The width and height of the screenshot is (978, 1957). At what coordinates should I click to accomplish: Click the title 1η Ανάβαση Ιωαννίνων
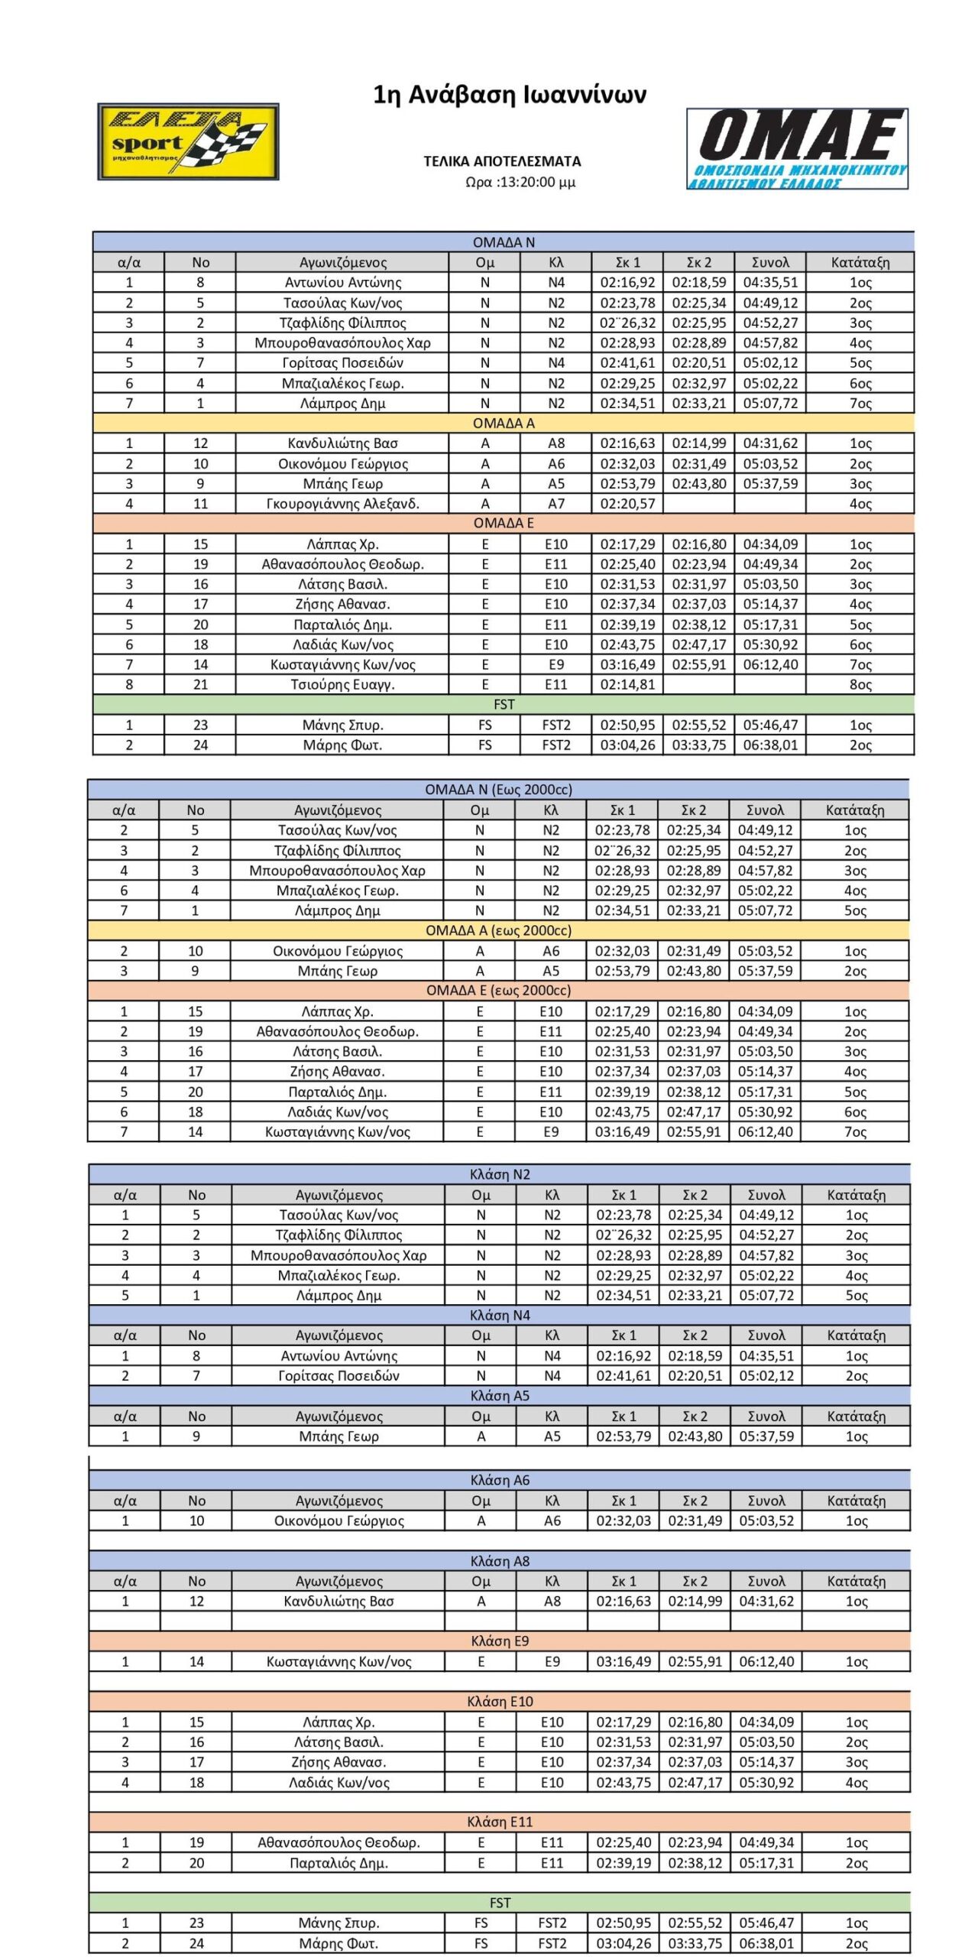tap(510, 95)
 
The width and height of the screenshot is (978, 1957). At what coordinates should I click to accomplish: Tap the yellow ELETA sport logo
tap(188, 142)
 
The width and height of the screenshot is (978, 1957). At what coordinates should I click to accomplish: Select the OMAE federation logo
tap(797, 148)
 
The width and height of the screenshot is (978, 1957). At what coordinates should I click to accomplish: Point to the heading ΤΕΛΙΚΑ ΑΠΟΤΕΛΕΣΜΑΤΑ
tap(502, 161)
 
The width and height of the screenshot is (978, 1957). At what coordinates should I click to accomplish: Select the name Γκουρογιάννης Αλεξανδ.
tap(342, 504)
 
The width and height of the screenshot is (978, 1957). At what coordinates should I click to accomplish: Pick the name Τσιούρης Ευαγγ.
tap(342, 685)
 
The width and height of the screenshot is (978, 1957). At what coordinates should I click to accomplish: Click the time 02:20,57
tap(627, 504)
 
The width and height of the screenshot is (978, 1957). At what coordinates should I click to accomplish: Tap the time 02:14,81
tap(627, 685)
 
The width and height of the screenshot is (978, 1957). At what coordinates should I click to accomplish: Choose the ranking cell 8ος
tap(860, 685)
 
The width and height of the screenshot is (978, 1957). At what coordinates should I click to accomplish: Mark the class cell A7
tap(556, 504)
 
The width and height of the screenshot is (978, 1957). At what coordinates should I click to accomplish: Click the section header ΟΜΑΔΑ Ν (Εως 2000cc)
tap(498, 790)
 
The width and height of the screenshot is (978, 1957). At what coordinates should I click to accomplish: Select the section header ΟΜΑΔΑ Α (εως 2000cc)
tap(498, 931)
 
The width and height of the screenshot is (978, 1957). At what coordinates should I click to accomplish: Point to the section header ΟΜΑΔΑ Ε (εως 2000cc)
tap(498, 991)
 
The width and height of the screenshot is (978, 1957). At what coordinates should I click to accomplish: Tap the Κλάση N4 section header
tap(500, 1316)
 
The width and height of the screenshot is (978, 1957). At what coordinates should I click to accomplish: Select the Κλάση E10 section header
tap(500, 1702)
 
